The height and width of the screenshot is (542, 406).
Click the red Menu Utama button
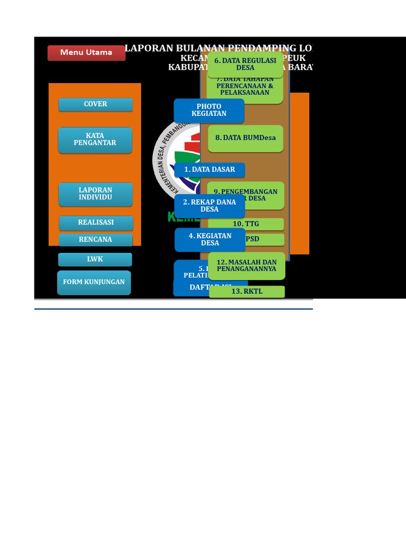pyautogui.click(x=86, y=53)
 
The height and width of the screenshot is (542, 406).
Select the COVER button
pyautogui.click(x=95, y=104)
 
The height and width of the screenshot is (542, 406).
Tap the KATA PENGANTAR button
pyautogui.click(x=95, y=140)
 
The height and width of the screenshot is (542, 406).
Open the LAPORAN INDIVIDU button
pyautogui.click(x=95, y=194)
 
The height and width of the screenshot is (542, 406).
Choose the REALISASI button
pyautogui.click(x=96, y=223)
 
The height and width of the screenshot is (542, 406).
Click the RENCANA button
pyautogui.click(x=95, y=240)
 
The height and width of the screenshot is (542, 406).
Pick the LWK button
pyautogui.click(x=95, y=259)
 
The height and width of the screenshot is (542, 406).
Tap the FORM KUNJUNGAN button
pyautogui.click(x=94, y=282)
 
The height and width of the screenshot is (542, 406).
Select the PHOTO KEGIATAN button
pyautogui.click(x=209, y=110)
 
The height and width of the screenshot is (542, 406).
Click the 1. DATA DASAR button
pyautogui.click(x=209, y=170)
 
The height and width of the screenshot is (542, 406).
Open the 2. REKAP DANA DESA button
pyautogui.click(x=209, y=205)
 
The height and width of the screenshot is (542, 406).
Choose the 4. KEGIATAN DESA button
pyautogui.click(x=210, y=239)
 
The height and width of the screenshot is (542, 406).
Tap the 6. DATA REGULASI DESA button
pyautogui.click(x=245, y=64)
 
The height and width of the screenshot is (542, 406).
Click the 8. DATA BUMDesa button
pyautogui.click(x=245, y=138)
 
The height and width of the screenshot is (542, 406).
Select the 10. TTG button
pyautogui.click(x=246, y=224)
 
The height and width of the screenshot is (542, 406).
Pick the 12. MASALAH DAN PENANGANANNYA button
pyautogui.click(x=246, y=265)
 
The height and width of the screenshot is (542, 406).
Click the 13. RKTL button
pyautogui.click(x=246, y=292)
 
